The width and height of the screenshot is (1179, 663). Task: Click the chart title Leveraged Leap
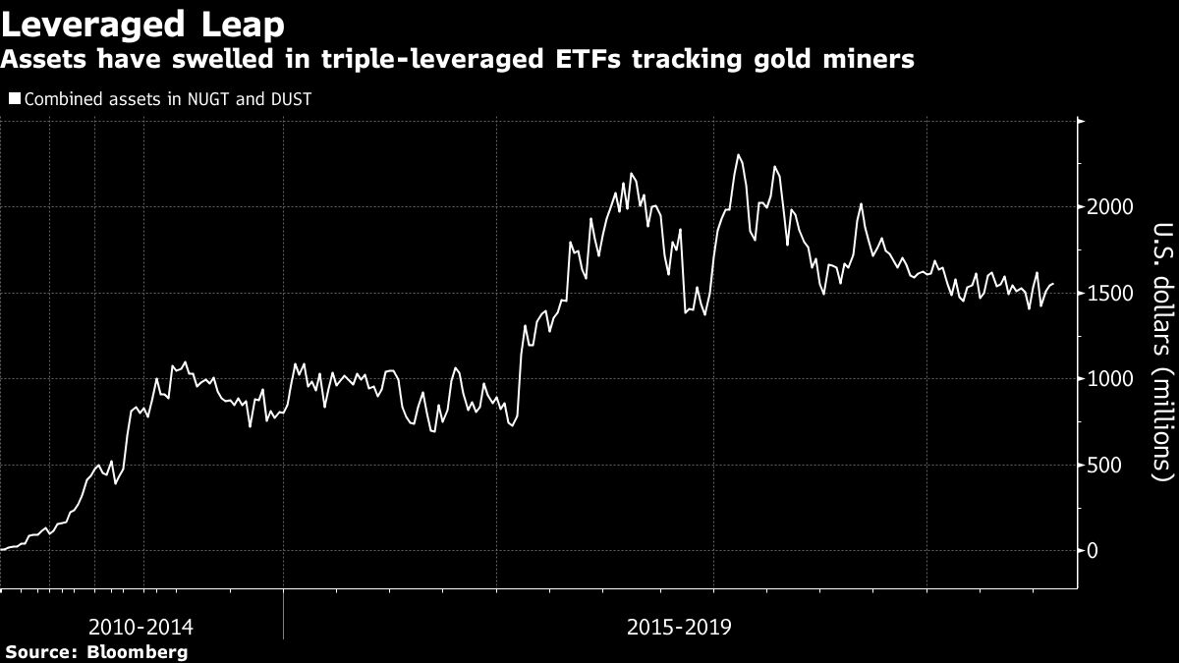(x=144, y=24)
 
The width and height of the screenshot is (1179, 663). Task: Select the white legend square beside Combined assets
(x=13, y=99)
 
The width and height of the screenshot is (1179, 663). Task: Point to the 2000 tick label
(x=1108, y=207)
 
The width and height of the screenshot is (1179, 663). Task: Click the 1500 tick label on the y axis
(x=1108, y=294)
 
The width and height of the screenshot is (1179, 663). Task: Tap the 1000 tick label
(x=1108, y=379)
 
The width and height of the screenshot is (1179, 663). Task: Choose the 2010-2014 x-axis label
(x=140, y=627)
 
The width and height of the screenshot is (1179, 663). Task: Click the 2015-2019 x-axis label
(x=678, y=627)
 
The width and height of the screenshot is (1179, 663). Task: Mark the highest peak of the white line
(x=738, y=154)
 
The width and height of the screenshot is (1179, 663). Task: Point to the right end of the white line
(x=1053, y=284)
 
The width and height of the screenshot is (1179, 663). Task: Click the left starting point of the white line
(x=2, y=550)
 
